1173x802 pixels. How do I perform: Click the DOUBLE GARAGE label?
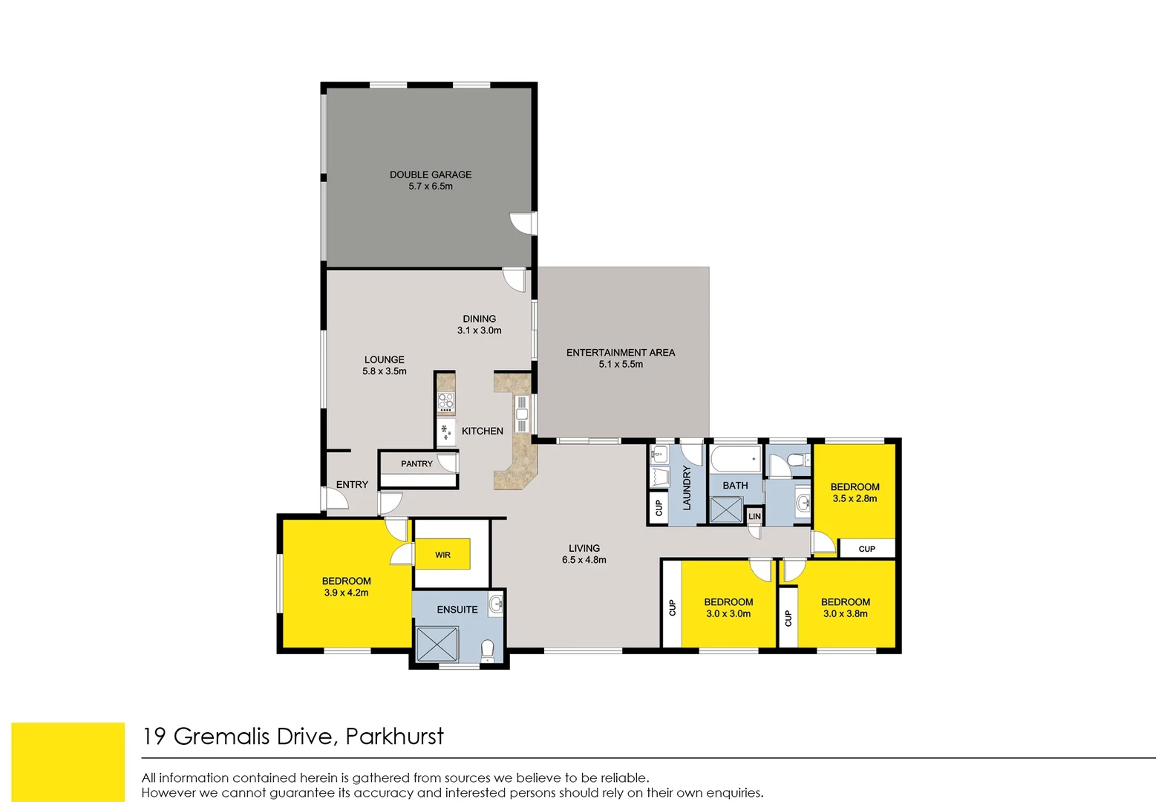click(x=431, y=175)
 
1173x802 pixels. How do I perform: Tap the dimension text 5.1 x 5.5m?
click(x=621, y=365)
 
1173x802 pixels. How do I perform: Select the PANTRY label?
click(x=416, y=464)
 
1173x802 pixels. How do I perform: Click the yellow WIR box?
click(x=442, y=554)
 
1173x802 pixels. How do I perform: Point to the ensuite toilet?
click(x=488, y=651)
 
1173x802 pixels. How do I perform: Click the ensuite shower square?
click(x=437, y=644)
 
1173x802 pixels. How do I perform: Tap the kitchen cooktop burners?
click(x=445, y=402)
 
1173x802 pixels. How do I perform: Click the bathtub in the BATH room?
click(x=735, y=460)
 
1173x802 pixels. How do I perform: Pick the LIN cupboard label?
click(x=754, y=516)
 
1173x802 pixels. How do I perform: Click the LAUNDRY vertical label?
click(x=687, y=488)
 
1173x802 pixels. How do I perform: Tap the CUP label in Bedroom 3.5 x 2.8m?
click(x=866, y=549)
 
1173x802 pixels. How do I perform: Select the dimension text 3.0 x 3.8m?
click(x=845, y=614)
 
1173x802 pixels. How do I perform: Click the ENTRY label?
click(x=352, y=484)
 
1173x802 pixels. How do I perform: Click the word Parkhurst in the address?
click(x=394, y=737)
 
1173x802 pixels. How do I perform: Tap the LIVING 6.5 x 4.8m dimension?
click(x=584, y=560)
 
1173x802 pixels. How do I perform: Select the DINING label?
click(x=479, y=319)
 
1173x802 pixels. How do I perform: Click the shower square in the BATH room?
click(x=725, y=510)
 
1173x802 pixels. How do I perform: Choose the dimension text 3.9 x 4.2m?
click(x=346, y=593)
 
